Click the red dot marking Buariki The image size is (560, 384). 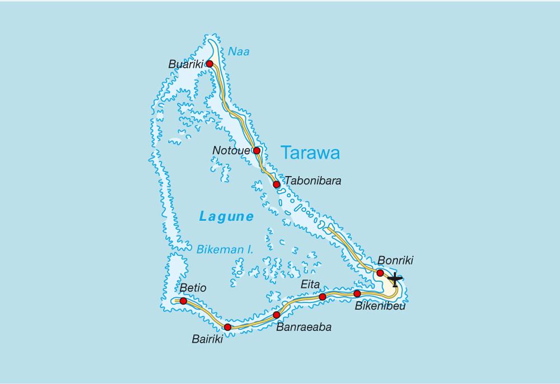click(x=209, y=64)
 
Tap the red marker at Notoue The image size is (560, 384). click(x=256, y=150)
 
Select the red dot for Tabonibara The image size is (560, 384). click(x=277, y=184)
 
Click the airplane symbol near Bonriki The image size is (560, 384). click(x=395, y=279)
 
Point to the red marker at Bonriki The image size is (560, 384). click(x=380, y=273)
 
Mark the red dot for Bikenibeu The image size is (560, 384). click(x=357, y=294)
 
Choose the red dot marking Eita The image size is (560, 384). click(x=323, y=297)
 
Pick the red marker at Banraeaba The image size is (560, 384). click(x=277, y=315)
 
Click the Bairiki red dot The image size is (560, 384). click(x=227, y=327)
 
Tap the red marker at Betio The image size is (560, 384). click(x=183, y=301)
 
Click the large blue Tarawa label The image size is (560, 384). click(x=310, y=152)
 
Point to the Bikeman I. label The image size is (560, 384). click(x=225, y=249)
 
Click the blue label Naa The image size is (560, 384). click(x=239, y=52)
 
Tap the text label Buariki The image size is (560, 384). click(x=186, y=64)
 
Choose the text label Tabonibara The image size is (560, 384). click(x=313, y=181)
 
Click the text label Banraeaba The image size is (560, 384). click(x=303, y=327)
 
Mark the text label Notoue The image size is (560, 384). click(x=231, y=150)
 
